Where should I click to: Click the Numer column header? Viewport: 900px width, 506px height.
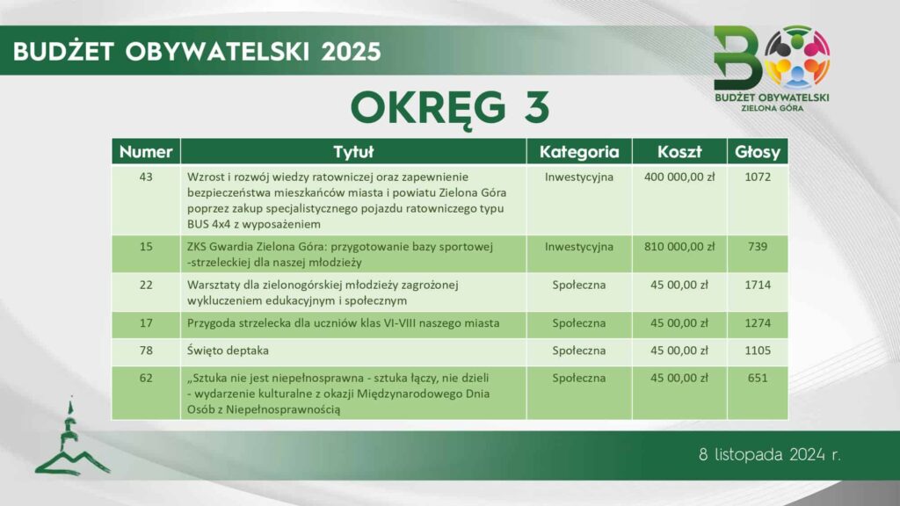click(x=146, y=152)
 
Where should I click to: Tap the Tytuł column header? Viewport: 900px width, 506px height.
click(x=353, y=152)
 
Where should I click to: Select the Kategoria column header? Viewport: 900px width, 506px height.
click(x=579, y=152)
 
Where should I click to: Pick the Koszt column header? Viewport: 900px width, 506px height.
click(x=679, y=152)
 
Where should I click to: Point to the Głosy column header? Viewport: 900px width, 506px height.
click(x=758, y=152)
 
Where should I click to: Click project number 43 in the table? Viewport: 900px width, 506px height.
click(x=146, y=177)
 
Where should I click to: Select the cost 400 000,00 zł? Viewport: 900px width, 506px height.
click(x=679, y=177)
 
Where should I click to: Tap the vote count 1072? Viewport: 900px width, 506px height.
click(x=758, y=177)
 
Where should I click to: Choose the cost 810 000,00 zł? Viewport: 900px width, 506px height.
click(x=679, y=247)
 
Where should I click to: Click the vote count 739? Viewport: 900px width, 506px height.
click(x=758, y=247)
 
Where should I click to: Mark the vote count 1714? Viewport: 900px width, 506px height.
click(x=758, y=286)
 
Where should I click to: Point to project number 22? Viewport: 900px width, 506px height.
click(x=146, y=286)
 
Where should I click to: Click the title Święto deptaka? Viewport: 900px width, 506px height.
click(x=228, y=351)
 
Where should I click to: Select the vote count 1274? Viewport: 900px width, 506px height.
click(x=758, y=323)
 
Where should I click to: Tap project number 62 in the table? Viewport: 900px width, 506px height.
click(x=146, y=378)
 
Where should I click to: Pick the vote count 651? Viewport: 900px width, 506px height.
click(x=758, y=378)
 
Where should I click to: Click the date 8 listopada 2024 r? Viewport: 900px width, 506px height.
click(x=770, y=455)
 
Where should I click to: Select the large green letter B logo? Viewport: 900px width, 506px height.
click(x=737, y=59)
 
